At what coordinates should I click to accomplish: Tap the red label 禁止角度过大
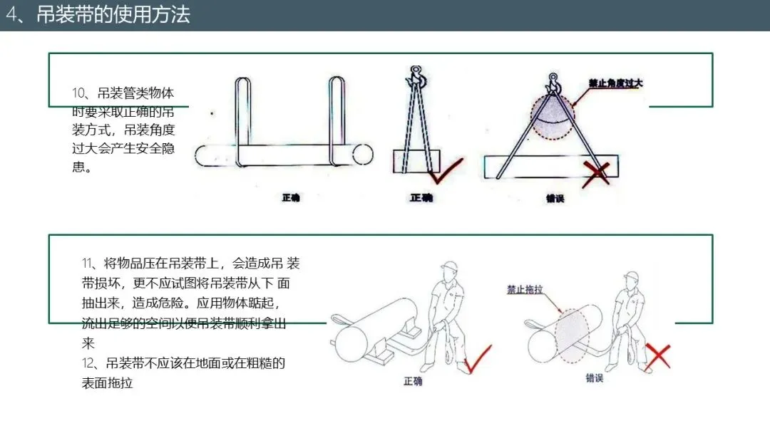(615, 83)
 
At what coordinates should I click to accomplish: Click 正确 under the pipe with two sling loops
(291, 197)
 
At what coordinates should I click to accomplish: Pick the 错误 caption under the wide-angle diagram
(555, 199)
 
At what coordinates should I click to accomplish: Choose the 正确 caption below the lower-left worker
(413, 382)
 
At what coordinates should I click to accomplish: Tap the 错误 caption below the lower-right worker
(594, 378)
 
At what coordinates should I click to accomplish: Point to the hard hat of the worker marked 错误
(630, 275)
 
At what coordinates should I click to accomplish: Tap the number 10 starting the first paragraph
(79, 93)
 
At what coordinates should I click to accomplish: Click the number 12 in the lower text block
(88, 363)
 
